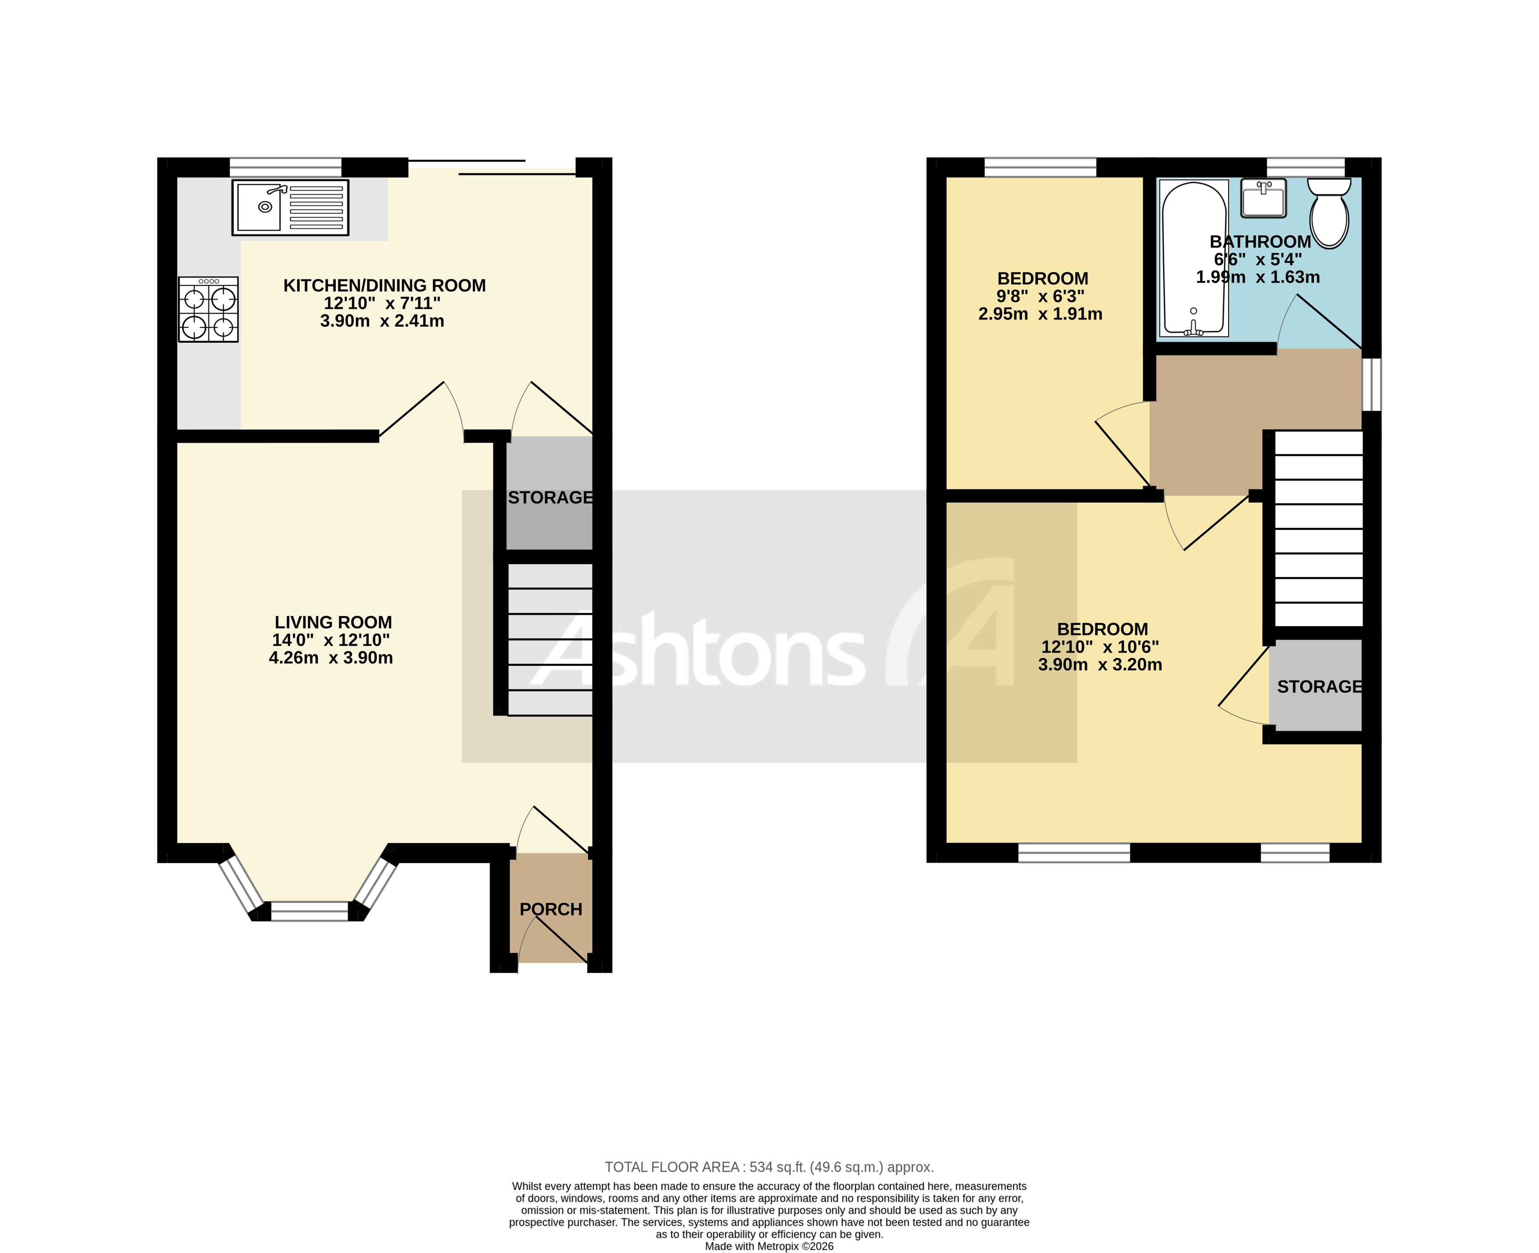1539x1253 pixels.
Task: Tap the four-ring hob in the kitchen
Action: pyautogui.click(x=208, y=309)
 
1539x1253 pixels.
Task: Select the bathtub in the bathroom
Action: pyautogui.click(x=1194, y=258)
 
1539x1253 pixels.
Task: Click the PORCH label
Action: pyautogui.click(x=551, y=909)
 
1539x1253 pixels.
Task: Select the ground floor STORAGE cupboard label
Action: pyautogui.click(x=550, y=498)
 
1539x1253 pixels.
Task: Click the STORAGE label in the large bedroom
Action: pyautogui.click(x=1319, y=687)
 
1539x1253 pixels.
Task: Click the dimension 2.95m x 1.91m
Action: pyautogui.click(x=1040, y=314)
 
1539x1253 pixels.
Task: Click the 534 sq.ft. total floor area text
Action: pyautogui.click(x=769, y=1167)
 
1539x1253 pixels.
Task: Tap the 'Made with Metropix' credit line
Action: pyautogui.click(x=769, y=1246)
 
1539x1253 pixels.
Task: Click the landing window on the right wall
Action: pyautogui.click(x=1371, y=385)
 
